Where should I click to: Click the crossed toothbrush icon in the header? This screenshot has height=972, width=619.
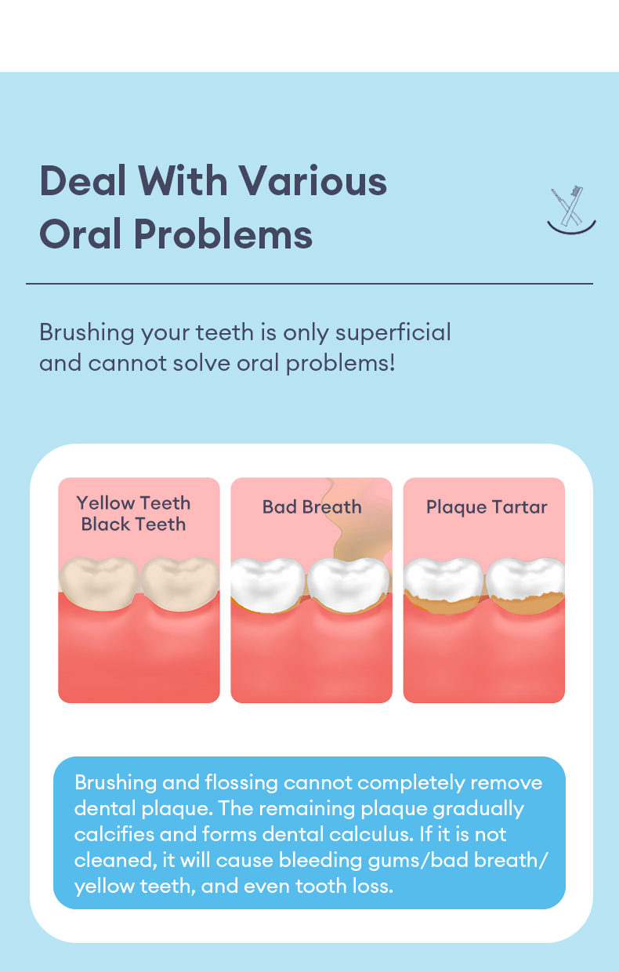571,210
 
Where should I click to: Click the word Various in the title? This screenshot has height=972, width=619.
313,181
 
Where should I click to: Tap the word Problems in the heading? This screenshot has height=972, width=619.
223,234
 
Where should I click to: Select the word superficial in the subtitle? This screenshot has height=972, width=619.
393,333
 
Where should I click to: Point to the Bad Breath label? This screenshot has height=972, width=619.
312,507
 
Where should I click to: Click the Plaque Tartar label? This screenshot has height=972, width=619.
487,508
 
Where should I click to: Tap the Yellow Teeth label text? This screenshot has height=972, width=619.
134,504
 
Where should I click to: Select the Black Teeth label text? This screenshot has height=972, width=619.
134,524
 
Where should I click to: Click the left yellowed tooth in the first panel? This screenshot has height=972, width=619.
99,583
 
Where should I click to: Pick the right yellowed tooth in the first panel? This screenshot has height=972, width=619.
179,583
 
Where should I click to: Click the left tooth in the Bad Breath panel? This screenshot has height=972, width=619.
268,585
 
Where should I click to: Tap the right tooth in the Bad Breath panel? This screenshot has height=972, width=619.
349,585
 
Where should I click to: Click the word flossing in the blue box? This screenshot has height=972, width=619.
241,783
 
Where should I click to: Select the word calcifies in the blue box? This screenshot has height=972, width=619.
114,834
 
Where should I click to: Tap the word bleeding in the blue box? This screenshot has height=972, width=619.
320,861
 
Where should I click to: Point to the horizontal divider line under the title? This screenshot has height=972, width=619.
309,284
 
